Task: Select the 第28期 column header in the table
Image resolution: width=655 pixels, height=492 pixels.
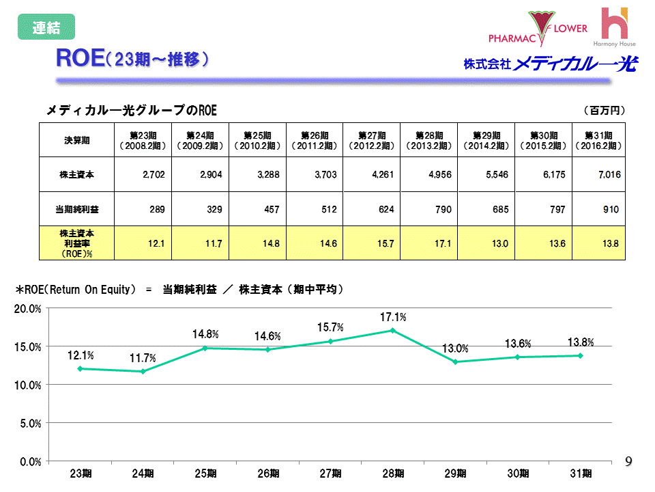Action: tap(428, 140)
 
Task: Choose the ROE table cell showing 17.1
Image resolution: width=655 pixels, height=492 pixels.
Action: tap(428, 244)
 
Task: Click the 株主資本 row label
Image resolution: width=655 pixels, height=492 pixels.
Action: tap(76, 175)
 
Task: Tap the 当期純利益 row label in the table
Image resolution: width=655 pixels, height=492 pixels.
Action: tap(76, 209)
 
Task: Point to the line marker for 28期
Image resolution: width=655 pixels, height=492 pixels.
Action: tap(392, 331)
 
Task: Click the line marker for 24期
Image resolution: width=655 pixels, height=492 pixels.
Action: tap(143, 372)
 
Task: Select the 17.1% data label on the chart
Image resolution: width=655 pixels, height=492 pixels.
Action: tap(393, 317)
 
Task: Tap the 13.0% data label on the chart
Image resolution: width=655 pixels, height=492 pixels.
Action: tap(455, 349)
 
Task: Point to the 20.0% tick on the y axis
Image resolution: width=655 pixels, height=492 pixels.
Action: tap(29, 309)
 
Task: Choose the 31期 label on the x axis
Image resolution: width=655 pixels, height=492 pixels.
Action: tap(580, 473)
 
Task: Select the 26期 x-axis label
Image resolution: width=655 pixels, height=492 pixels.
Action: tap(268, 473)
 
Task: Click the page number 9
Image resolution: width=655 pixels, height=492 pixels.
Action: tap(629, 463)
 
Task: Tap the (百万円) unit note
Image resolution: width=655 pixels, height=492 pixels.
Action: tap(605, 109)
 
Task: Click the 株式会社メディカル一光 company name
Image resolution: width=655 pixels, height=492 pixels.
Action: tap(550, 65)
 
